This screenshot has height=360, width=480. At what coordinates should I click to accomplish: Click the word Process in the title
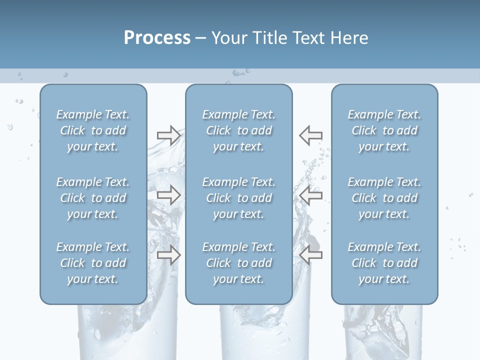coord(157,38)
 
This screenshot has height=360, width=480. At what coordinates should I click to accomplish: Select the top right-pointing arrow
coord(168,135)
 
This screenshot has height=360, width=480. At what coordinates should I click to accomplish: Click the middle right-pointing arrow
coord(168,195)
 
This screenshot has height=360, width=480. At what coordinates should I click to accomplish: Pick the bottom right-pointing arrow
coord(168,255)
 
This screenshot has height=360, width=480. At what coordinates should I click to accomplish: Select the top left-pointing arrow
coord(310,135)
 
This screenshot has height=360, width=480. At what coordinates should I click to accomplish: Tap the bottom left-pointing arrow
coord(310,255)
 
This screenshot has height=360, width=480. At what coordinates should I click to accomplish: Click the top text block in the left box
coord(93,130)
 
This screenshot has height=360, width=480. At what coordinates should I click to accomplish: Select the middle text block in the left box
coord(93,198)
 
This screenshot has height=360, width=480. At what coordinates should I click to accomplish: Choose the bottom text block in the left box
coord(93,263)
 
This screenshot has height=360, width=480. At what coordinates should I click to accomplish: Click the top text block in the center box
coord(238,130)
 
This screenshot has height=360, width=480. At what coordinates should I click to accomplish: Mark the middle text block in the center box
coord(238,198)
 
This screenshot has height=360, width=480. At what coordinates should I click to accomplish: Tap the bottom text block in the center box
coord(238,263)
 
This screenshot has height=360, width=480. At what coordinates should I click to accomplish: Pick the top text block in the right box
coord(384,130)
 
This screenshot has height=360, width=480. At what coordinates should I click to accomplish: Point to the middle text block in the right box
coord(384,198)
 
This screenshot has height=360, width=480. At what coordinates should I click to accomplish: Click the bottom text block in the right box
coord(384,263)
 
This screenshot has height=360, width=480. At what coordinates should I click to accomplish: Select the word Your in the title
coord(229,38)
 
